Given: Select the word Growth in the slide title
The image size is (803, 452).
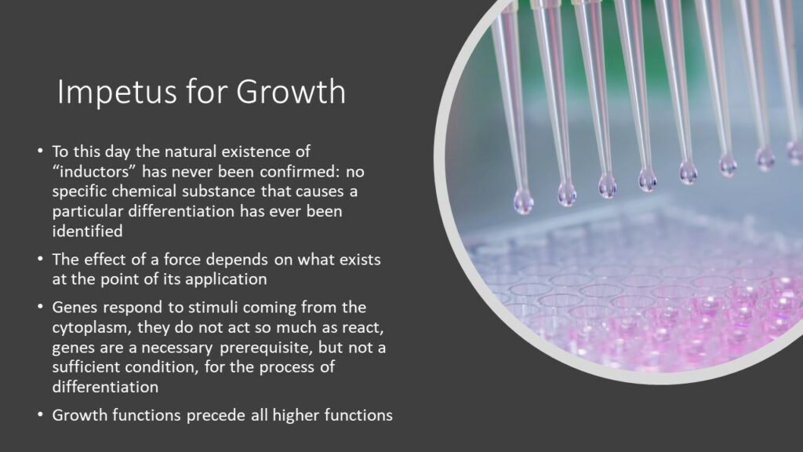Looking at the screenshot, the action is (x=291, y=92).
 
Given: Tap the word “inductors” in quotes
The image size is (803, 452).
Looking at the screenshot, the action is (x=94, y=171).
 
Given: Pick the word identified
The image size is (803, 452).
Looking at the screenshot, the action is (x=88, y=231).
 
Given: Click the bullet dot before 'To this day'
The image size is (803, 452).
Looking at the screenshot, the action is (x=40, y=151).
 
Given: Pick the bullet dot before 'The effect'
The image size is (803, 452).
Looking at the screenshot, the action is (x=40, y=259).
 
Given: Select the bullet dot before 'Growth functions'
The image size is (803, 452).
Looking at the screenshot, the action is (x=40, y=414).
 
